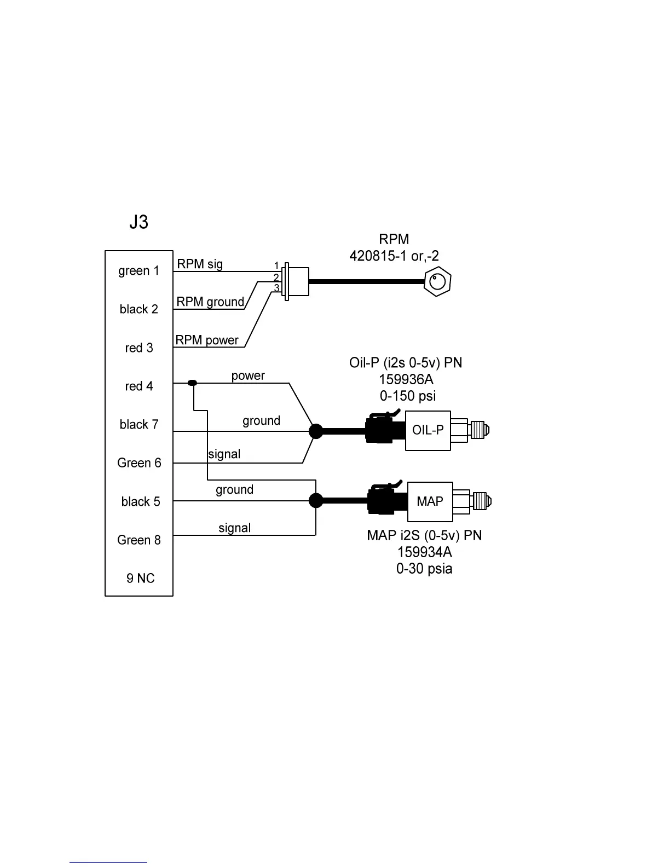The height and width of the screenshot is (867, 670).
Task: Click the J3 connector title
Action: pyautogui.click(x=138, y=222)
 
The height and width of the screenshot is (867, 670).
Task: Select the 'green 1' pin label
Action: pyautogui.click(x=138, y=271)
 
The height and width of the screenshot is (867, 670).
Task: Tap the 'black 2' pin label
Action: pyautogui.click(x=138, y=309)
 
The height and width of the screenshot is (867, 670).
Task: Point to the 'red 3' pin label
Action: pyautogui.click(x=138, y=348)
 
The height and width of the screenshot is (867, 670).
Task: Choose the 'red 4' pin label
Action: pyautogui.click(x=138, y=386)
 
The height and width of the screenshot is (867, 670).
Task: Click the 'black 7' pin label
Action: pyautogui.click(x=138, y=425)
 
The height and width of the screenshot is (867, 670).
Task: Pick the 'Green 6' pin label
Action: pyautogui.click(x=139, y=463)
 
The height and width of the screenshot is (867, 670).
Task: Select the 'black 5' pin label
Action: pyautogui.click(x=140, y=502)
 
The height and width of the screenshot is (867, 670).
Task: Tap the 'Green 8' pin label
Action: pyautogui.click(x=139, y=540)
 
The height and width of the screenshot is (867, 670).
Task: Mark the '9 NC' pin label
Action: pyautogui.click(x=140, y=579)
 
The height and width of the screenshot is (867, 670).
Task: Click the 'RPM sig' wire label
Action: pyautogui.click(x=200, y=264)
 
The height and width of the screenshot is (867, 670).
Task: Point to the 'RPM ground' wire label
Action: pyautogui.click(x=210, y=302)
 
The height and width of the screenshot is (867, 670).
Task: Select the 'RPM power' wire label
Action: pyautogui.click(x=207, y=340)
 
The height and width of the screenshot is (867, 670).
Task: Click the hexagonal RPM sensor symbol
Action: pyautogui.click(x=437, y=282)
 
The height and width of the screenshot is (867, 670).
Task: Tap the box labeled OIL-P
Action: pyautogui.click(x=428, y=431)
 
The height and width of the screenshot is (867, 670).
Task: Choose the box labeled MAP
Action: pyautogui.click(x=430, y=501)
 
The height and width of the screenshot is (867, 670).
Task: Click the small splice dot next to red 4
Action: pyautogui.click(x=192, y=383)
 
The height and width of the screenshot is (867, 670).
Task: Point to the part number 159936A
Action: pyautogui.click(x=406, y=379)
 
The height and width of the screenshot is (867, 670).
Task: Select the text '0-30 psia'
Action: pyautogui.click(x=424, y=569)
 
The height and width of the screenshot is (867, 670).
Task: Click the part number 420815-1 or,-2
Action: pyautogui.click(x=394, y=256)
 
